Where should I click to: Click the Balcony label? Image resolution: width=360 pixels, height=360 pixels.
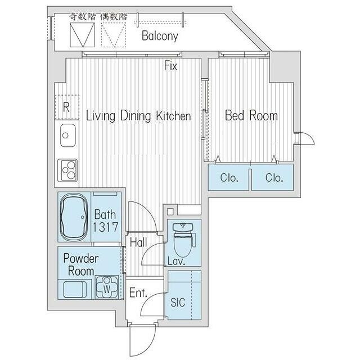pyautogui.click(x=160, y=36)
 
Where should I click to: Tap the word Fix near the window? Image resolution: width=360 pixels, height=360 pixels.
pyautogui.click(x=170, y=66)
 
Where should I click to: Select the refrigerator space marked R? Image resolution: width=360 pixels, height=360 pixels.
pyautogui.click(x=67, y=107)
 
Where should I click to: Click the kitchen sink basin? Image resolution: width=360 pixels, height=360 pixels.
pyautogui.click(x=67, y=136)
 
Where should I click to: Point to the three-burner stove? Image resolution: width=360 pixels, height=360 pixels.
pyautogui.click(x=67, y=170)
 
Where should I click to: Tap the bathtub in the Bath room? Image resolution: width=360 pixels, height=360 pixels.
pyautogui.click(x=74, y=217)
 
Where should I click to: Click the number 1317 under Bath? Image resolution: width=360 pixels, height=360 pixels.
pyautogui.click(x=105, y=227)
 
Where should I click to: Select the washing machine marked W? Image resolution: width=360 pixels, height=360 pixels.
pyautogui.click(x=107, y=287)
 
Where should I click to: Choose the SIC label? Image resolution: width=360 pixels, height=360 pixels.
pyautogui.click(x=178, y=303)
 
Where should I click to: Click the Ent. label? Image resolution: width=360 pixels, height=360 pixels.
pyautogui.click(x=138, y=292)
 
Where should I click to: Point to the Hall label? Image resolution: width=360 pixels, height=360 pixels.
pyautogui.click(x=138, y=242)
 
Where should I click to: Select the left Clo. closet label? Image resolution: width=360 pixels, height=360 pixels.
pyautogui.click(x=229, y=178)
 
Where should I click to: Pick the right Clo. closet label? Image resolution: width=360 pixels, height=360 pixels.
pyautogui.click(x=274, y=178)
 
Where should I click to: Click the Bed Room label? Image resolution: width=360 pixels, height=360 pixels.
pyautogui.click(x=251, y=115)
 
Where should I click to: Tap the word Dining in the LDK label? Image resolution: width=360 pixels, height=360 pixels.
pyautogui.click(x=136, y=116)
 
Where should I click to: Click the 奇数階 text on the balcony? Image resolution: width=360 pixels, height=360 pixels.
pyautogui.click(x=83, y=16)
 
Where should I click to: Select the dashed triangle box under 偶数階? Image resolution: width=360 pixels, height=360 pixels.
pyautogui.click(x=114, y=35)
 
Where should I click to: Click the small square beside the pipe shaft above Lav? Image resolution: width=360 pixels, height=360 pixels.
pyautogui.click(x=170, y=211)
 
